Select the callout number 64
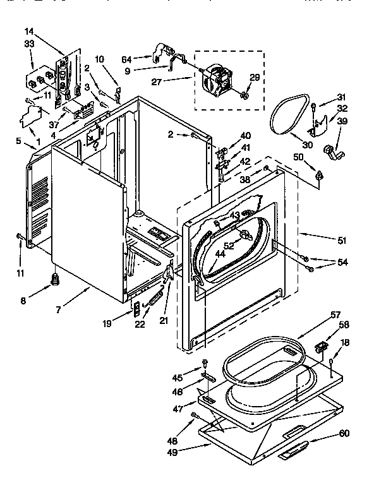[126, 59]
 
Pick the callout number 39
[341, 121]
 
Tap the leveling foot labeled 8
[55, 278]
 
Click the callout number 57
[334, 314]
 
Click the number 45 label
[178, 378]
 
